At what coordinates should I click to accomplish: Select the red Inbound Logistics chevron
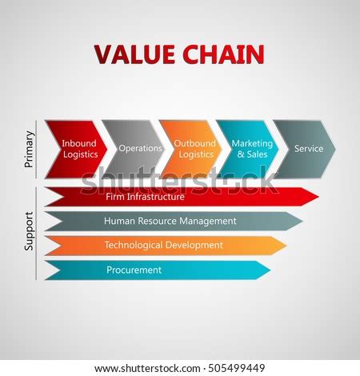(77, 149)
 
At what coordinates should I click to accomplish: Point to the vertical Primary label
(30, 149)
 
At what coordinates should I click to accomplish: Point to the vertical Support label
(30, 232)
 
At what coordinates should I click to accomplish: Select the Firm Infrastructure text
(145, 196)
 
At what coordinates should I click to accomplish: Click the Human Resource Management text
(170, 221)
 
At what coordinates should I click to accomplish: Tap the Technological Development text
(163, 245)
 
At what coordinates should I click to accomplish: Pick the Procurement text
(134, 270)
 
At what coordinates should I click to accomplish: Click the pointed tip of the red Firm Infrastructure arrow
(317, 196)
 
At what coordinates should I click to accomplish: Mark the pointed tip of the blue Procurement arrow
(269, 270)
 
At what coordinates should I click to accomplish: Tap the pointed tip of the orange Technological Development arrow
(285, 245)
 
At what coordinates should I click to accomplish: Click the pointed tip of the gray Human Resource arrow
(302, 221)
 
